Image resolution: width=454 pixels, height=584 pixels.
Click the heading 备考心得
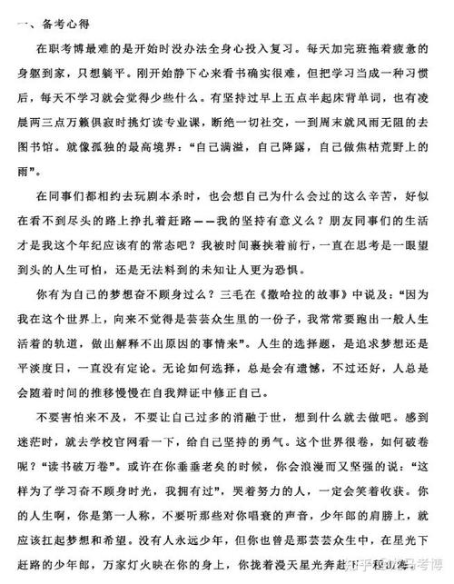tap(51, 21)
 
